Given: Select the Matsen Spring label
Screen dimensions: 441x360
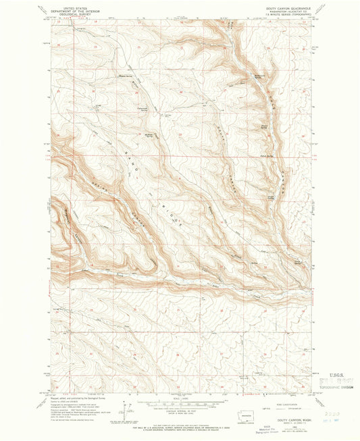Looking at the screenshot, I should tap(126, 76).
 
